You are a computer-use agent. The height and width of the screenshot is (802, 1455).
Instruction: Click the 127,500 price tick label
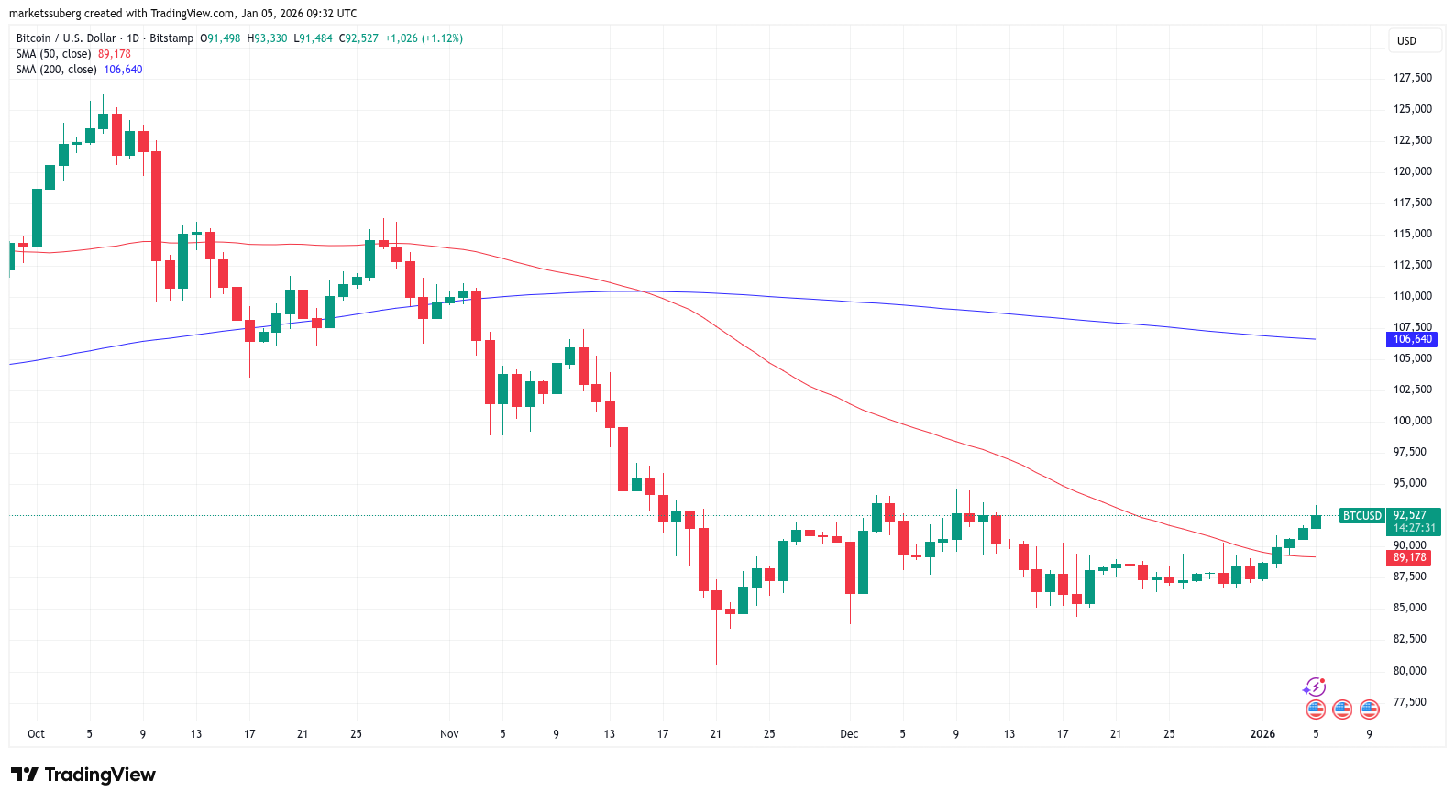click(x=1413, y=78)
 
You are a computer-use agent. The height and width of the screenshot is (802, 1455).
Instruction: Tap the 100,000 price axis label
click(x=1413, y=421)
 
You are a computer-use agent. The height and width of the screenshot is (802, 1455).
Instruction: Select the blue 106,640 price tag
click(x=1412, y=339)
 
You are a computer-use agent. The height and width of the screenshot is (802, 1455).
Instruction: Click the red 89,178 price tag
click(x=1409, y=557)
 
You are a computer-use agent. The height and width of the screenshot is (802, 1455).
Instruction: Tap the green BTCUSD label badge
click(x=1361, y=516)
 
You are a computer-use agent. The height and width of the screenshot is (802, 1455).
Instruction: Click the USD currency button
click(x=1406, y=41)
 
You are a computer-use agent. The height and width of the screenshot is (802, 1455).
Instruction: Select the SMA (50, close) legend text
click(x=54, y=54)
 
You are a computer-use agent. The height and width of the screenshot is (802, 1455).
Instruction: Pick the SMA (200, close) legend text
click(x=57, y=70)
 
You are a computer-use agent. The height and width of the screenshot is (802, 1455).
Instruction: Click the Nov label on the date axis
click(x=449, y=734)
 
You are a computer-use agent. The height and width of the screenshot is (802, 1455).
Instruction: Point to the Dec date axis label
click(x=849, y=734)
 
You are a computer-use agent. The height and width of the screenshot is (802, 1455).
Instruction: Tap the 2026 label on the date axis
click(x=1262, y=734)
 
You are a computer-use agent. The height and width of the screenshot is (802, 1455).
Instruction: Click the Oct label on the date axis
click(x=36, y=734)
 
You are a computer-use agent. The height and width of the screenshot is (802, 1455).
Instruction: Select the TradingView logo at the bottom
click(x=83, y=775)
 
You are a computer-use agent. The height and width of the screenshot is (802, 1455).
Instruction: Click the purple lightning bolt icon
click(x=1315, y=687)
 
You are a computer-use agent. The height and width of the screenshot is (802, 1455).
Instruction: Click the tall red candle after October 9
click(x=156, y=206)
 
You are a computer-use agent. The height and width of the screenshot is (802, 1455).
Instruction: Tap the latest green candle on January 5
click(x=1316, y=522)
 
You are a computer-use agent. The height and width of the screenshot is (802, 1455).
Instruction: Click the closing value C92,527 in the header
click(x=358, y=38)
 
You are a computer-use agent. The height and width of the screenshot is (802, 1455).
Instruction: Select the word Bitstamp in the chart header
click(x=171, y=38)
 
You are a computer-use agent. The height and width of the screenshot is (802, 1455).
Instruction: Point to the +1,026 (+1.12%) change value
click(x=424, y=38)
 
